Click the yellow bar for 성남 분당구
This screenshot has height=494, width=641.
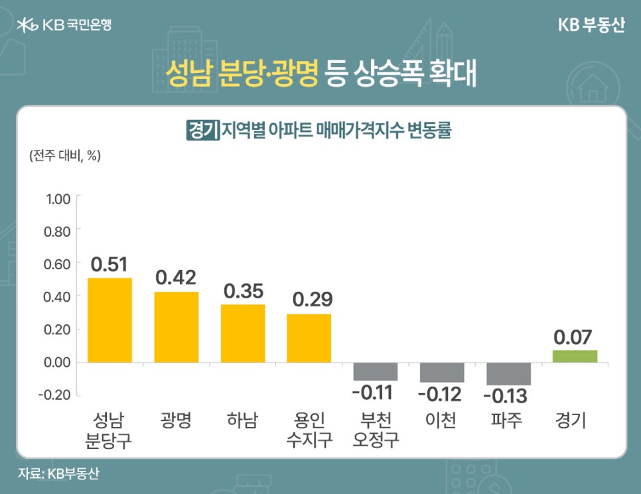pyautogui.click(x=109, y=320)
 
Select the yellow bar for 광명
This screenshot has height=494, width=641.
pyautogui.click(x=176, y=328)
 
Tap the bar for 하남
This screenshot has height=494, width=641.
pyautogui.click(x=243, y=334)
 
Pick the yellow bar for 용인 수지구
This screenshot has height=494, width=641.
pyautogui.click(x=309, y=338)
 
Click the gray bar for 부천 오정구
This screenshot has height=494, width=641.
pyautogui.click(x=375, y=371)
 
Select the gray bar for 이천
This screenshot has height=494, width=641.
pyautogui.click(x=442, y=373)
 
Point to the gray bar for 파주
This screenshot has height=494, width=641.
pyautogui.click(x=508, y=374)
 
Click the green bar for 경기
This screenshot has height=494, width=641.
pyautogui.click(x=575, y=356)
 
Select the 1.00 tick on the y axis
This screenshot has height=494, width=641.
pyautogui.click(x=57, y=198)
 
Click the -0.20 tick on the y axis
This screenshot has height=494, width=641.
pyautogui.click(x=56, y=395)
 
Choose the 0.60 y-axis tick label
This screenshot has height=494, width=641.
pyautogui.click(x=57, y=264)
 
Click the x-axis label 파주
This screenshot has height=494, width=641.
pyautogui.click(x=508, y=420)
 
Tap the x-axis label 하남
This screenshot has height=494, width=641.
pyautogui.click(x=243, y=420)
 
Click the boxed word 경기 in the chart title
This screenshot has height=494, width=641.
pyautogui.click(x=203, y=129)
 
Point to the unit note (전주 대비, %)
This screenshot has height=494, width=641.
pyautogui.click(x=64, y=156)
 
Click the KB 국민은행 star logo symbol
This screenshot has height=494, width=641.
pyautogui.click(x=27, y=26)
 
